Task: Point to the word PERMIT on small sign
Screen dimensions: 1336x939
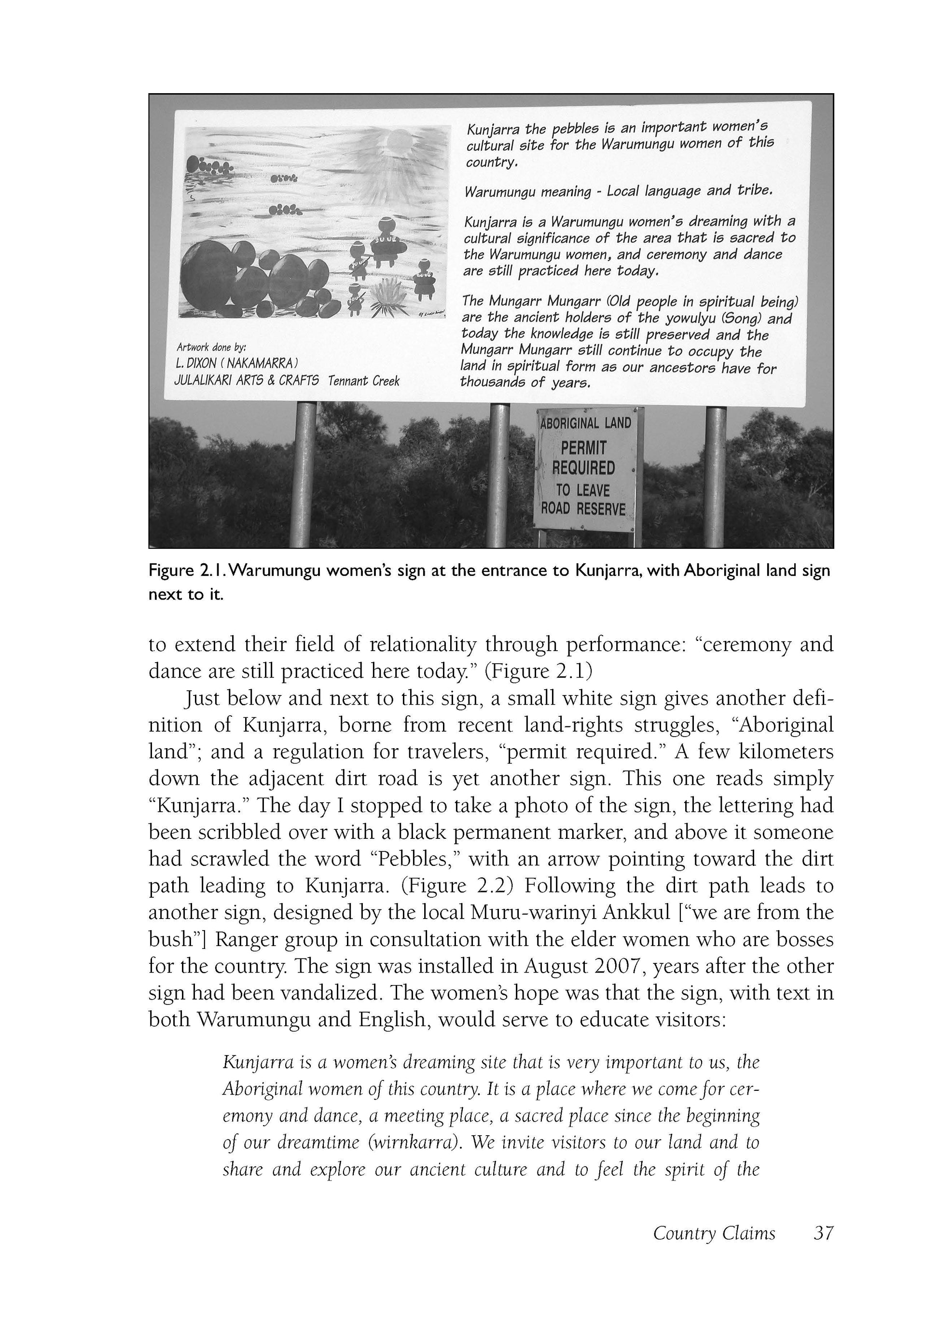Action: (x=583, y=448)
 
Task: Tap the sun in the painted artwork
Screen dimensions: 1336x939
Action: (x=399, y=141)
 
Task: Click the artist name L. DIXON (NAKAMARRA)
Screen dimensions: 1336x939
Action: (x=237, y=363)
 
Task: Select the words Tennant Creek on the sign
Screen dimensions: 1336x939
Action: (x=364, y=381)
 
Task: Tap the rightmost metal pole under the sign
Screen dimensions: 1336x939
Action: (x=716, y=474)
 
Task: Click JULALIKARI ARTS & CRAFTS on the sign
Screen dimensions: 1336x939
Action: (x=247, y=380)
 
